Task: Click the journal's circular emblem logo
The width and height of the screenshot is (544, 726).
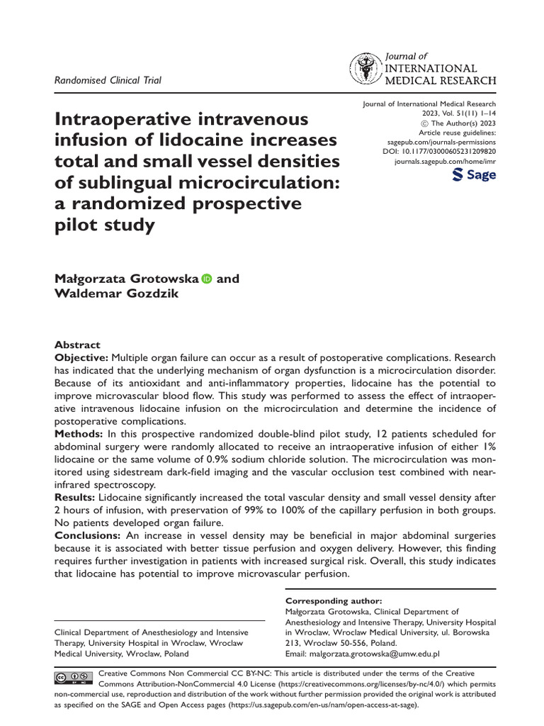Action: [365, 69]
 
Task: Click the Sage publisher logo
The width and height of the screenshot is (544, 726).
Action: [474, 175]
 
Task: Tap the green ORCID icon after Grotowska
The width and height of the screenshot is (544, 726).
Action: [207, 279]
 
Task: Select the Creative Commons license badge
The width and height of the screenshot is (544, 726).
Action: [73, 678]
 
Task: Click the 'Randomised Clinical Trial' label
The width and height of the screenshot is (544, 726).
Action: [108, 80]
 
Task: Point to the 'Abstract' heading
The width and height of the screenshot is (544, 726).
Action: [77, 345]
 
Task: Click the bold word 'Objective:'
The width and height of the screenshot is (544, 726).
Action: [81, 357]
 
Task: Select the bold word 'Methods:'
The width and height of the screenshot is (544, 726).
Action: [79, 433]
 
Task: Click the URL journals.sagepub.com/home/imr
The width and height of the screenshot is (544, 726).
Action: [445, 162]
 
